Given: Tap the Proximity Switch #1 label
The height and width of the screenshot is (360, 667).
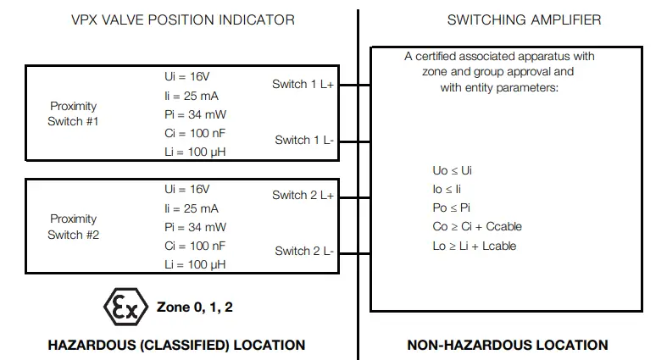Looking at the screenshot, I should coord(73,114).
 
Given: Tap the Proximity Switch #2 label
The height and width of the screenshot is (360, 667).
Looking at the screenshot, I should coord(73,226).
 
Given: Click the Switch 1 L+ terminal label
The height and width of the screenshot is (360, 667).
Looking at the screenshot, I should coord(303,84).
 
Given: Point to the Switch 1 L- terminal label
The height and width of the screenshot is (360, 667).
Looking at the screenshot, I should coord(304,140).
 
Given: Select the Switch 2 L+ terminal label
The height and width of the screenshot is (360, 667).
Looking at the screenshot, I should coord(303,196).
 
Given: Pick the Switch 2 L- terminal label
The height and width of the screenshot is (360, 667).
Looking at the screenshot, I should coord(304,252).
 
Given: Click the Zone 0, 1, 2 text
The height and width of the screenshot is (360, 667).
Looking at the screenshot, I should coord(195,307).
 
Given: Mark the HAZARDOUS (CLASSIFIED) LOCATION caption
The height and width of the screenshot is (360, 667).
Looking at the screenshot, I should coord(176,345).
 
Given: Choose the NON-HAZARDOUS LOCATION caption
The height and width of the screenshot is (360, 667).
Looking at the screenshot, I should coord(507,345).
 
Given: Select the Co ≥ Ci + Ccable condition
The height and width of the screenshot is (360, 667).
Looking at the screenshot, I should coord(476,226).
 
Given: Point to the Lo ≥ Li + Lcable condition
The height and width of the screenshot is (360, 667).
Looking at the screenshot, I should coord(474,246).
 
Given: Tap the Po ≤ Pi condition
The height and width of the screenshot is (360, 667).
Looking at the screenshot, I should coord(452,208).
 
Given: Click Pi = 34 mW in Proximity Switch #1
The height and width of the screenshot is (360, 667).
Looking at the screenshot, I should coord(195,114).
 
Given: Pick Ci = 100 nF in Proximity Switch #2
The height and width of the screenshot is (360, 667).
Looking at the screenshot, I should coord(195,245).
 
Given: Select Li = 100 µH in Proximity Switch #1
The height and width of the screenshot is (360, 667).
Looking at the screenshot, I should coord(195,152).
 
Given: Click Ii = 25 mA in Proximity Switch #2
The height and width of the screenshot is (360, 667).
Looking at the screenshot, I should coord(192,208).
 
